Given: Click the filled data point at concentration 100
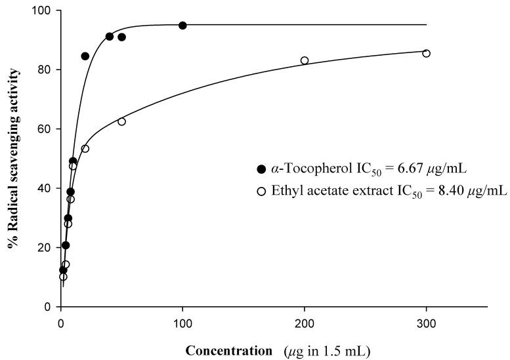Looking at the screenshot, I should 182,26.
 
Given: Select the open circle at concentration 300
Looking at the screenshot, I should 426,53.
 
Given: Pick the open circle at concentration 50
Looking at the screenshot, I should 121,121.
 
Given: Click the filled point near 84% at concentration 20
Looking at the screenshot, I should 85,56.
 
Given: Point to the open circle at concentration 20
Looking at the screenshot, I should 85,148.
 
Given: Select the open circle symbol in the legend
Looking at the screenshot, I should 261,191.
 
